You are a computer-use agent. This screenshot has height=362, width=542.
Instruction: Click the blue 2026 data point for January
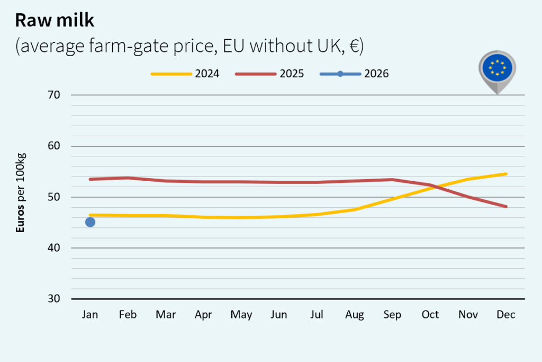(90, 222)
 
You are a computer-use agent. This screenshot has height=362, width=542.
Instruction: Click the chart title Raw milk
(55, 20)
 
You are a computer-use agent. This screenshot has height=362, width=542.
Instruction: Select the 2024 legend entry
(185, 74)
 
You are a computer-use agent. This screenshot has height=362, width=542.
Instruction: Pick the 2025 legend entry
(270, 74)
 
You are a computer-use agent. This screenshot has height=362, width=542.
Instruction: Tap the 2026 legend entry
(355, 74)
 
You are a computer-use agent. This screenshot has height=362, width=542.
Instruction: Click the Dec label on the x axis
(506, 315)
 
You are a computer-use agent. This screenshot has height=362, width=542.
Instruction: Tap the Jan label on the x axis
(90, 315)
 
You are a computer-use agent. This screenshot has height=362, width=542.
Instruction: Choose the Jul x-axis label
(317, 315)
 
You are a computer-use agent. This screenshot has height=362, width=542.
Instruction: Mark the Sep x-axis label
(392, 315)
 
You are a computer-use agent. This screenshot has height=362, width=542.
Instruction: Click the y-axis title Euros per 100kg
(21, 193)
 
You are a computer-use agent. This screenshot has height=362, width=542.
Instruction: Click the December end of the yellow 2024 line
(506, 174)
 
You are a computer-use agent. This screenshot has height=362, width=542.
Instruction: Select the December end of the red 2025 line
(506, 207)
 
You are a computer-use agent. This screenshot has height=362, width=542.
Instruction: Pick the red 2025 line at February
(128, 178)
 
